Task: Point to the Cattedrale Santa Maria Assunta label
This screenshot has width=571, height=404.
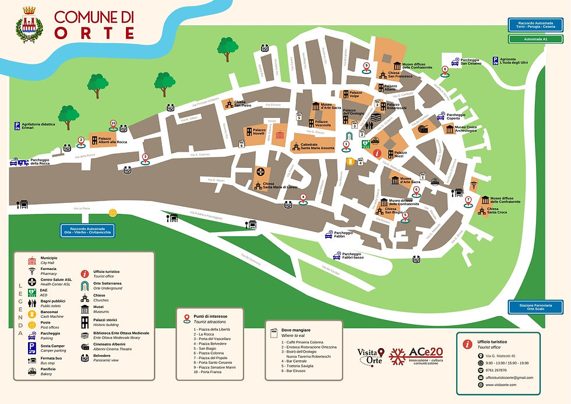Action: click(317, 146)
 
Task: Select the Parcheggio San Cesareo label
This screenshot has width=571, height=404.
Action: click(470, 61)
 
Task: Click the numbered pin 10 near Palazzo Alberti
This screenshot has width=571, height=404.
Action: click(113, 124)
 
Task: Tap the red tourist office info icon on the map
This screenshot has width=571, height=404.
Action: click(378, 153)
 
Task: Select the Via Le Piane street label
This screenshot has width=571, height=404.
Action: click(82, 208)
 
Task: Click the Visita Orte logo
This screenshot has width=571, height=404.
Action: click(371, 356)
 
